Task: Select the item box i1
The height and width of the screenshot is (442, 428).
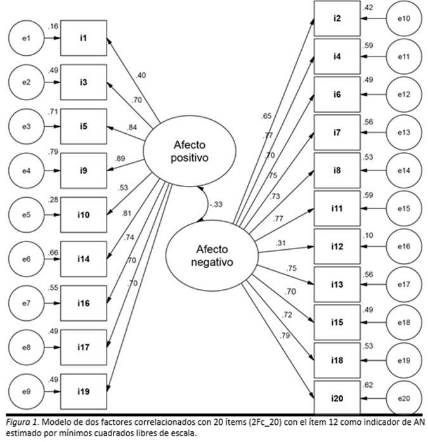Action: (x=84, y=40)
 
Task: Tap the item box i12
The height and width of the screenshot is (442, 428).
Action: (x=337, y=246)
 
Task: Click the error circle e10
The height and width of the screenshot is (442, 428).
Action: (x=406, y=18)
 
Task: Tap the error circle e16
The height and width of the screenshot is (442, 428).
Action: (x=406, y=246)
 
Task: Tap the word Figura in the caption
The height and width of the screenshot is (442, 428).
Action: (x=15, y=422)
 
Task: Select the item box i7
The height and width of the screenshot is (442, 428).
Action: (x=337, y=132)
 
